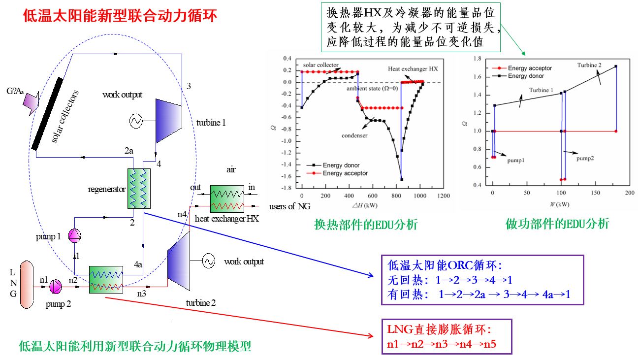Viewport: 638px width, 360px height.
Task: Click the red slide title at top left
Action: pos(120,16)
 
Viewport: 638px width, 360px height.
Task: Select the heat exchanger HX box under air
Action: pos(227,197)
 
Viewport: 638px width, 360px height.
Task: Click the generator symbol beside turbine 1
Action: pos(136,121)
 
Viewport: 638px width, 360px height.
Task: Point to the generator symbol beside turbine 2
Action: pos(208,261)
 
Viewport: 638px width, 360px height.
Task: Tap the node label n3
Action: pos(141,294)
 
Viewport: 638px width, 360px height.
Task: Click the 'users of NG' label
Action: pos(290,206)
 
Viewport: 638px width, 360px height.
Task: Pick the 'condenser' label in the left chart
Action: pos(354,135)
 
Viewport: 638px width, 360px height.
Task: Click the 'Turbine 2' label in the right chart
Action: pos(590,65)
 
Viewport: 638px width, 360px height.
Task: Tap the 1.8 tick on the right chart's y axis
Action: pos(476,59)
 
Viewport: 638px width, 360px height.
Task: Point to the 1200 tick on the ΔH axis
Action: pos(444,196)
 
